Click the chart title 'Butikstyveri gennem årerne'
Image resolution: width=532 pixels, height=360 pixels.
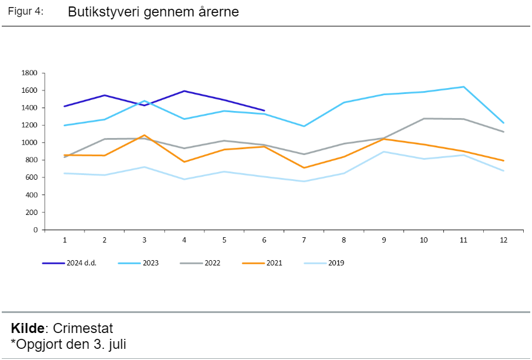point(153,12)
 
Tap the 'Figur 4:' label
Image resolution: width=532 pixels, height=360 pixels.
point(26,12)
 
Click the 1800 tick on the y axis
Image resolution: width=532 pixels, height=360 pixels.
point(29,73)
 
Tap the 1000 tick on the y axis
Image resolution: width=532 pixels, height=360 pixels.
point(29,143)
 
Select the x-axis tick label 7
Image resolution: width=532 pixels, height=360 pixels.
point(304,241)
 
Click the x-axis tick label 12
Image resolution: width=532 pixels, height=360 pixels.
point(503,241)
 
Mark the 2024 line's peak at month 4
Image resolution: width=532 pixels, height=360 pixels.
point(184,91)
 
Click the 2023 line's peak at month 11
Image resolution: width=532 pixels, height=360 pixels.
point(464,87)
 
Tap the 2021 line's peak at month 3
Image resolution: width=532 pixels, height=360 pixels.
point(144,135)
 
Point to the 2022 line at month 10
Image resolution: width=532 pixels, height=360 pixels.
point(424,119)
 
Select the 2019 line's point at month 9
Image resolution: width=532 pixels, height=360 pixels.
point(384,152)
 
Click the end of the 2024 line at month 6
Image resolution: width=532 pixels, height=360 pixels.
point(264,110)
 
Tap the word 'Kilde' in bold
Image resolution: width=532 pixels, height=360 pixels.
point(28,328)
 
